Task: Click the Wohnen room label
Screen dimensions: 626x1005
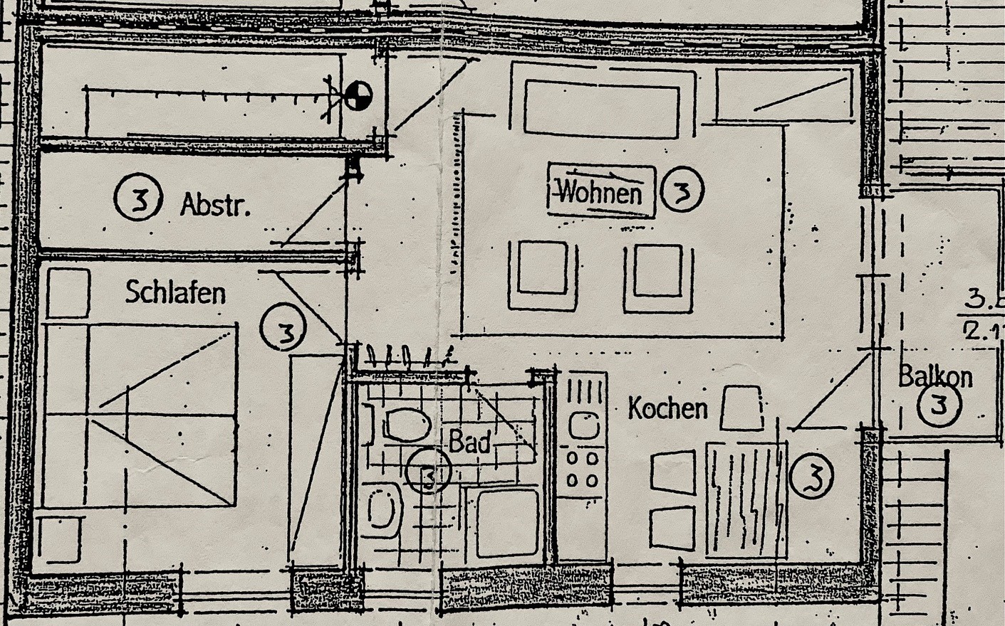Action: tap(600, 191)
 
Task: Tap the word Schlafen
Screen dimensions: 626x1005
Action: tap(175, 292)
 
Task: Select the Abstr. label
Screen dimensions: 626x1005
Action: tap(215, 205)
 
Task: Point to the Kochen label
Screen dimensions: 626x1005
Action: tap(667, 408)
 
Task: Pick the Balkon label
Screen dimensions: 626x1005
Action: tap(935, 376)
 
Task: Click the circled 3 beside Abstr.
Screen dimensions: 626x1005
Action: tap(139, 198)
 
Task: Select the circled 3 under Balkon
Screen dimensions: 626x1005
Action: tap(939, 405)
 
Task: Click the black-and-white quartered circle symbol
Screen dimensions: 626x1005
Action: tap(358, 95)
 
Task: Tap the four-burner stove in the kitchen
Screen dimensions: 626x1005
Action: tap(582, 469)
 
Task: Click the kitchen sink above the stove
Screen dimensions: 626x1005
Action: tap(584, 425)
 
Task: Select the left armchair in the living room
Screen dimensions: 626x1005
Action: tap(543, 275)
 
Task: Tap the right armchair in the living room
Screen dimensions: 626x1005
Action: tap(658, 277)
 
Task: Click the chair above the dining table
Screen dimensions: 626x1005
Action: tap(741, 408)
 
